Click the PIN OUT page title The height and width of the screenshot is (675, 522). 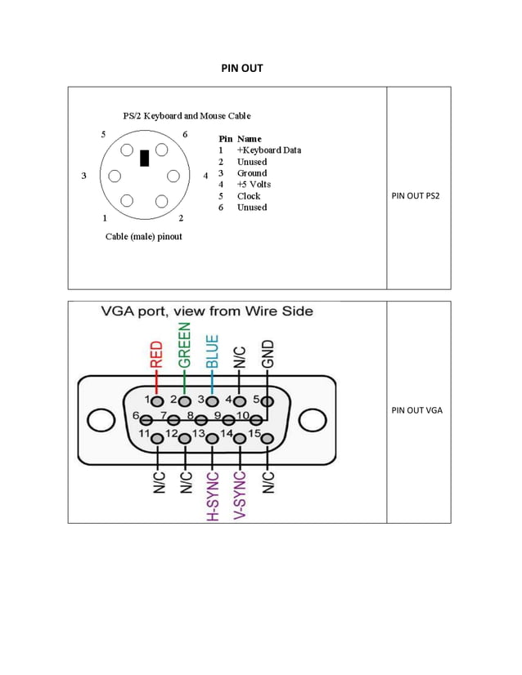point(242,68)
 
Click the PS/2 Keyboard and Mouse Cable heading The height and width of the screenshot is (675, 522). point(187,116)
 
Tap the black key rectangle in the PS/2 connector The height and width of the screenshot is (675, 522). point(145,158)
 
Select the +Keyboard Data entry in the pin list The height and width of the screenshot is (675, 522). point(268,150)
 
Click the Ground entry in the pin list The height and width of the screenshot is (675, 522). point(251,173)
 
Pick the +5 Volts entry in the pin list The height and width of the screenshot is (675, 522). point(254,185)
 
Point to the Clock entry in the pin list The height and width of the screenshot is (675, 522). point(249,196)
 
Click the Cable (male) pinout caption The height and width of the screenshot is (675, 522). point(144,237)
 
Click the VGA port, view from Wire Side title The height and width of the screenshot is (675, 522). point(206,311)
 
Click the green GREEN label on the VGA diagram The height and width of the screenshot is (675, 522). point(185,346)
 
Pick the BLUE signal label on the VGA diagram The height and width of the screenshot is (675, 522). point(212,351)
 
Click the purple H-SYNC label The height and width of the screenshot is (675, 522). point(212,495)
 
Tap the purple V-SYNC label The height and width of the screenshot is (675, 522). point(240,495)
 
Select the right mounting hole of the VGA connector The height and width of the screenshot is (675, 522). point(312,421)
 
